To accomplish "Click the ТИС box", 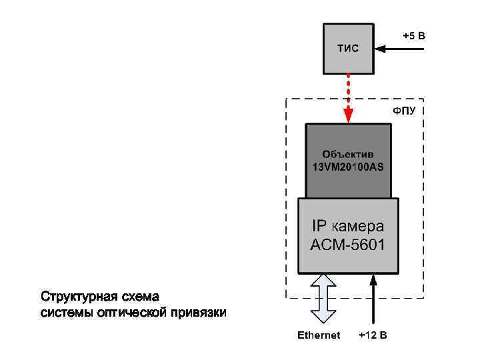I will click(348, 49).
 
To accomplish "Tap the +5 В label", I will click(413, 35).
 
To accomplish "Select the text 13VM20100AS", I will click(348, 167).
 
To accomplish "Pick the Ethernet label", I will click(319, 335).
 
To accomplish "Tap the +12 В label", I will click(373, 335).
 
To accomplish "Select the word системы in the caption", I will click(63, 313).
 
